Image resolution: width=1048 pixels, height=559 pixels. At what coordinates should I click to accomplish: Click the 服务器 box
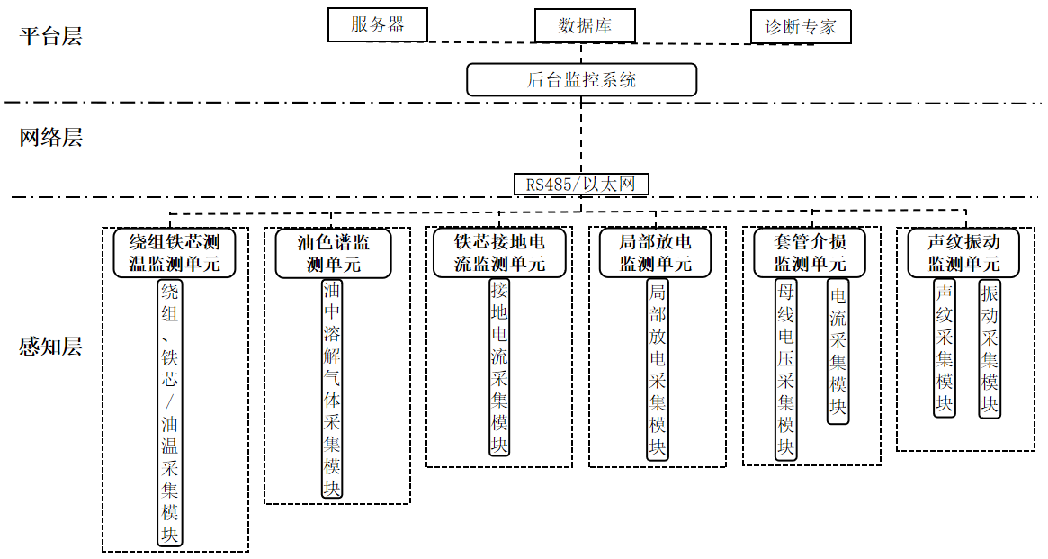click(377, 24)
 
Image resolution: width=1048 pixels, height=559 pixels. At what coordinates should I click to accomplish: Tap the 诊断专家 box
click(800, 27)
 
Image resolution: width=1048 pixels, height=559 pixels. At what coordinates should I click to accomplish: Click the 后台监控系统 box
click(581, 79)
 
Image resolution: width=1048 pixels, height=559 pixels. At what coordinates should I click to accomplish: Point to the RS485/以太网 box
click(581, 185)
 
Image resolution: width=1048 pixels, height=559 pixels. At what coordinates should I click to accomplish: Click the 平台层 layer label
click(51, 37)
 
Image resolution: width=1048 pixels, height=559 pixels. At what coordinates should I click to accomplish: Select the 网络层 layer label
click(51, 138)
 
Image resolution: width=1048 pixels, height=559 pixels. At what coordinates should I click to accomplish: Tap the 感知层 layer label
click(51, 347)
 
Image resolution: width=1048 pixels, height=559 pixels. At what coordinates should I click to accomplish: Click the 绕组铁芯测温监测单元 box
click(175, 253)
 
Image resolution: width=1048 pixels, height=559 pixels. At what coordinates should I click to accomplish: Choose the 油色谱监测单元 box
click(334, 253)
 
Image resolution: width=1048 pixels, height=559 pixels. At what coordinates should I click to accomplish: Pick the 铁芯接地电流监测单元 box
click(499, 253)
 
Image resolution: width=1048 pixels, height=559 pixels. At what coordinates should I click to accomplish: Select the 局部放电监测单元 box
click(656, 253)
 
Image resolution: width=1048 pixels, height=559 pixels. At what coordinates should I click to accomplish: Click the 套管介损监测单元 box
click(811, 253)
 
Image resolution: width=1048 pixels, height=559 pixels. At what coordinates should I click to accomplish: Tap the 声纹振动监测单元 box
click(964, 253)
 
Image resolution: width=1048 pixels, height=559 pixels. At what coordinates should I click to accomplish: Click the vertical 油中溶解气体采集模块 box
click(333, 388)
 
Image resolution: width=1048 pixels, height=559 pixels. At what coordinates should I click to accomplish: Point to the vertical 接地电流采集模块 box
click(499, 367)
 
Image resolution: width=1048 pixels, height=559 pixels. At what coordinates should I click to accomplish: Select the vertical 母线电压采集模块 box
click(786, 369)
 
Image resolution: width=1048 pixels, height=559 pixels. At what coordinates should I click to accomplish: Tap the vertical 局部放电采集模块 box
click(658, 369)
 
